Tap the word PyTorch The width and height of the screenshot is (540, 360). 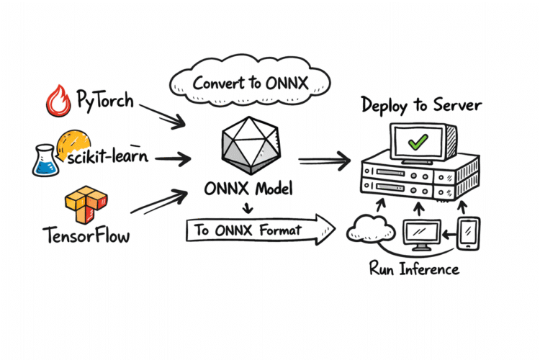click(x=105, y=99)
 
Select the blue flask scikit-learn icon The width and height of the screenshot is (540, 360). click(x=45, y=160)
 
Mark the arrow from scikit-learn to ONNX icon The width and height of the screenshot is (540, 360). click(x=169, y=156)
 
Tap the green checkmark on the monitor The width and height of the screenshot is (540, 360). click(x=416, y=142)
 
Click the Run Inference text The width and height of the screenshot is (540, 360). click(x=414, y=270)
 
